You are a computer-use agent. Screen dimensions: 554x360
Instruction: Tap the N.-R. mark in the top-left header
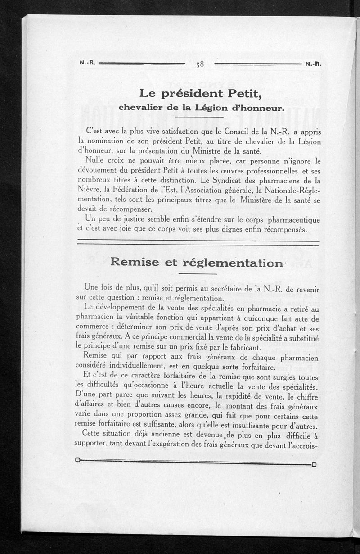[86, 63]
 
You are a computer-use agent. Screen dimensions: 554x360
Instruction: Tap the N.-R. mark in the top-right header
[313, 64]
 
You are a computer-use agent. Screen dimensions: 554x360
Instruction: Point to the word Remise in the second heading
[134, 263]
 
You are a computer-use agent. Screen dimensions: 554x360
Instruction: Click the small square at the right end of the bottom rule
[314, 464]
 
